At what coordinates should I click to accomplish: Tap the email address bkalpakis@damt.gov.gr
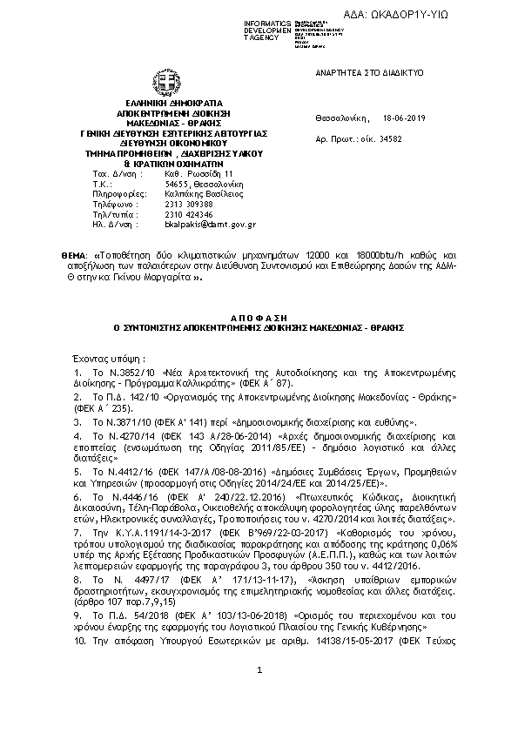(210, 224)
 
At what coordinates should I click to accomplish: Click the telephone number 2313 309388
(188, 204)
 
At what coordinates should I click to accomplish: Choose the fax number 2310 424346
(188, 214)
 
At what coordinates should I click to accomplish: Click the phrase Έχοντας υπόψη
(99, 358)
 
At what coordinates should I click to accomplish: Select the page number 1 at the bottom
(259, 693)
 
